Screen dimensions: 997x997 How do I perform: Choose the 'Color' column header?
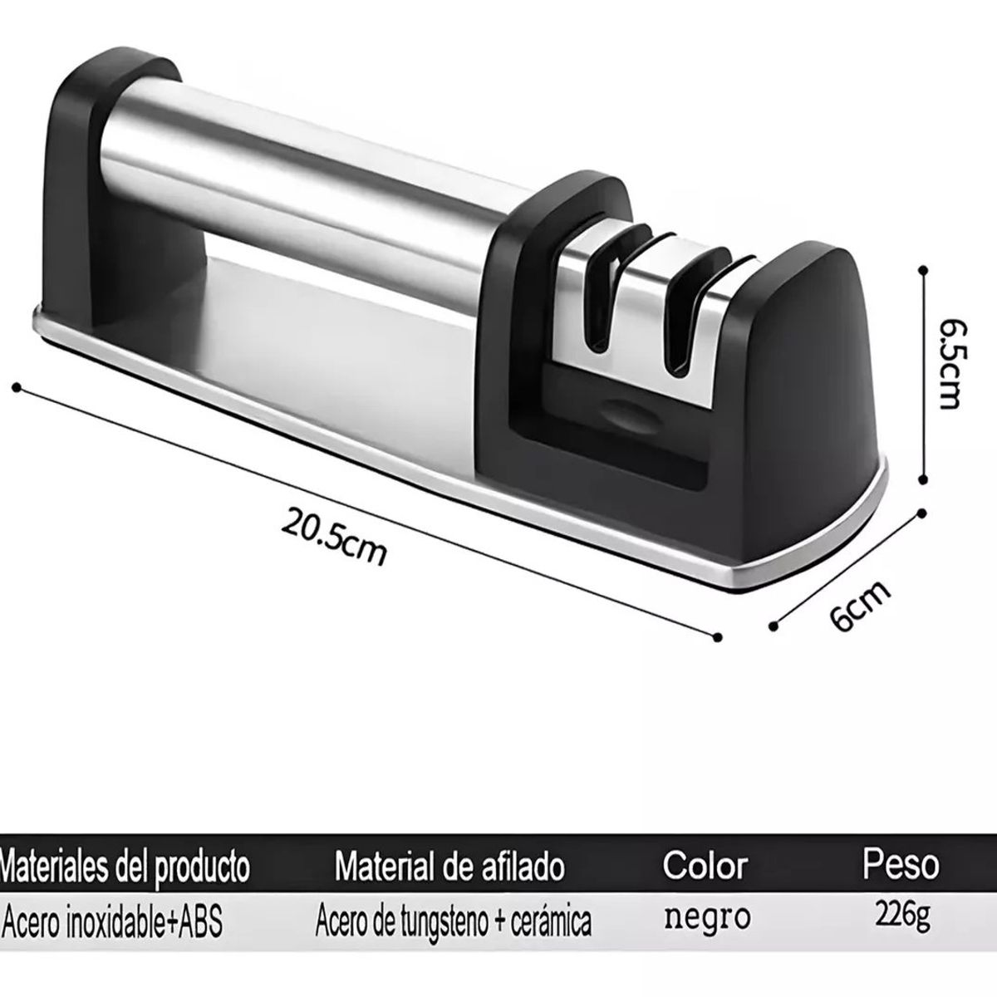point(705,866)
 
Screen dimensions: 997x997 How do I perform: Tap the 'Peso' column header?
point(901,864)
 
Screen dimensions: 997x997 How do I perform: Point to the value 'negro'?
point(707,918)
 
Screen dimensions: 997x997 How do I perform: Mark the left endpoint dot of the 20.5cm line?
point(16,386)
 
